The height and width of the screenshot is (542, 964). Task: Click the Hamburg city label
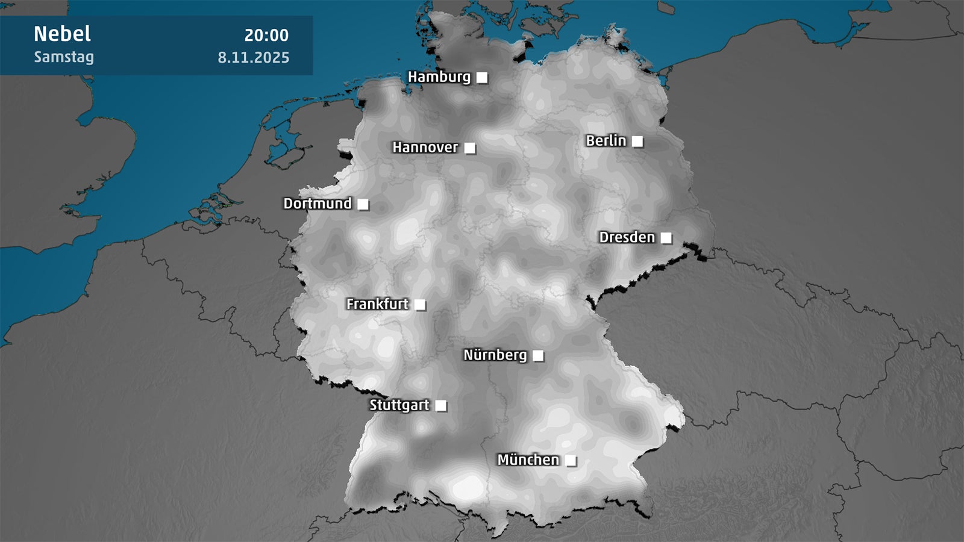tap(439, 77)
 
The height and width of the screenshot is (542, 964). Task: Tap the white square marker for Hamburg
tap(482, 78)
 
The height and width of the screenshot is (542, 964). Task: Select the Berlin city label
tap(606, 141)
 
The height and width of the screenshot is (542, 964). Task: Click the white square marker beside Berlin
tap(637, 142)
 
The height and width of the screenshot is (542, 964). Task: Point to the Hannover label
tap(425, 148)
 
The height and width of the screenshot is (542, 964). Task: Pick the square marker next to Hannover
tap(470, 148)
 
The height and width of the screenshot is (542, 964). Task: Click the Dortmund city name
tap(317, 204)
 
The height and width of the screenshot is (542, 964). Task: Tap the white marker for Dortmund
tap(363, 204)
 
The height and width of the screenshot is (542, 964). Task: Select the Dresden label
tap(627, 237)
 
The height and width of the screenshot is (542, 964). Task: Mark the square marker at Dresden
tap(666, 238)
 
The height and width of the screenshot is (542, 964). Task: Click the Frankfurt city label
tap(377, 304)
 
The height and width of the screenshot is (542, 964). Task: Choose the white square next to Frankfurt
tap(420, 305)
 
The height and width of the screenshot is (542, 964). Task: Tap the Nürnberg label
tap(495, 355)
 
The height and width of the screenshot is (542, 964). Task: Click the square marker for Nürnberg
tap(538, 356)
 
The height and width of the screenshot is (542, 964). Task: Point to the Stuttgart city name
tap(399, 405)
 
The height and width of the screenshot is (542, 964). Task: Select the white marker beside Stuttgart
tap(441, 406)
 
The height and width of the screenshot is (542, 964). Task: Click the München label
tap(528, 460)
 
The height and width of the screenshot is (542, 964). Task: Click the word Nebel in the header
tap(62, 34)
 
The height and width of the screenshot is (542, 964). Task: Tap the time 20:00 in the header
tap(266, 36)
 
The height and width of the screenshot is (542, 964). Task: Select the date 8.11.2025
tap(253, 58)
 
